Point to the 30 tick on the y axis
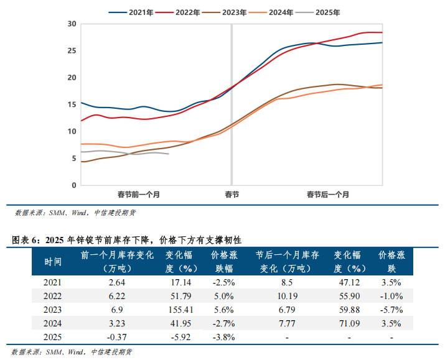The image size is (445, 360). (72, 24)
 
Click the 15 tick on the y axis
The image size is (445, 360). (72, 104)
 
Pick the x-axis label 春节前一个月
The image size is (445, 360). (139, 195)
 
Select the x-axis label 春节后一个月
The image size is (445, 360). (327, 195)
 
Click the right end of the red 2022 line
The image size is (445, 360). (381, 32)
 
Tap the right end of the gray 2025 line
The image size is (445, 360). (169, 154)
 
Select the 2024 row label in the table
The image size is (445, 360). (53, 323)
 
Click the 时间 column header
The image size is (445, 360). (53, 262)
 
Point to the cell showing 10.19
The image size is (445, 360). (287, 295)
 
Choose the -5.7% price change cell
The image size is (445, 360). (391, 309)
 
